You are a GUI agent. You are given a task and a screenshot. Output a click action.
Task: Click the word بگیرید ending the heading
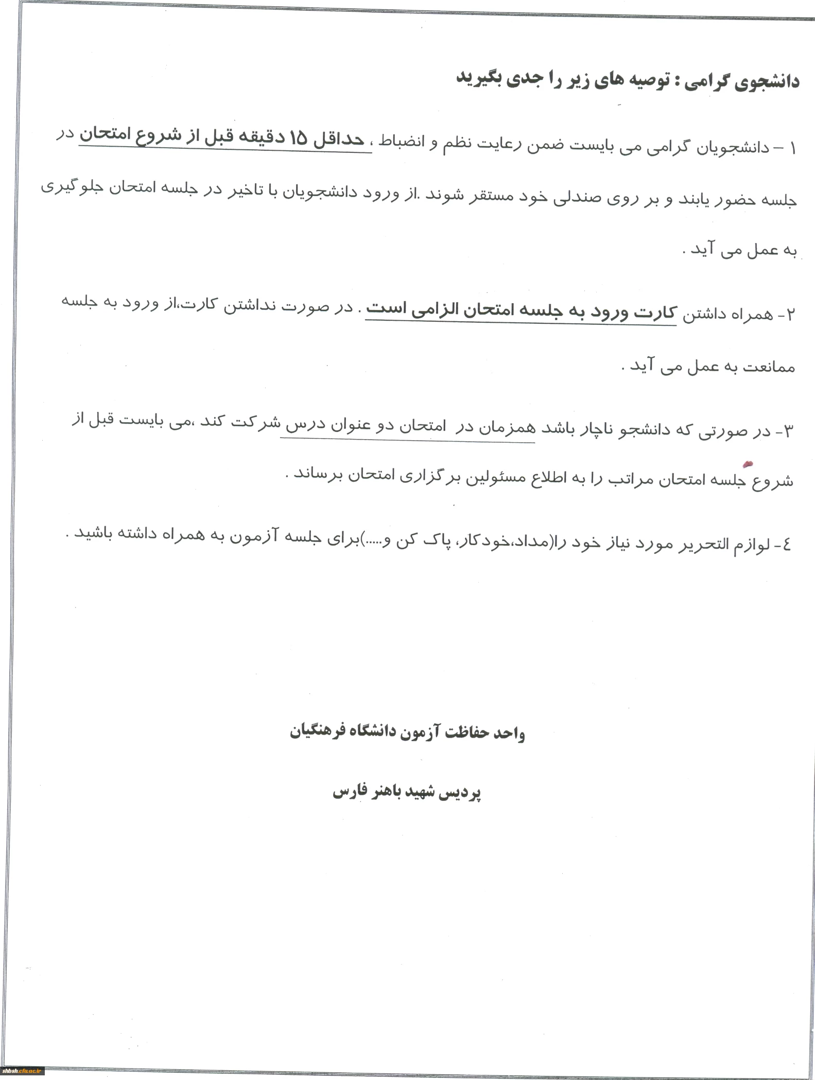click(x=480, y=77)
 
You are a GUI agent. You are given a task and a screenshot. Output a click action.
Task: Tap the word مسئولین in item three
click(x=494, y=478)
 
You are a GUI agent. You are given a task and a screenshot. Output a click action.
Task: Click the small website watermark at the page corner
click(x=22, y=1072)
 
